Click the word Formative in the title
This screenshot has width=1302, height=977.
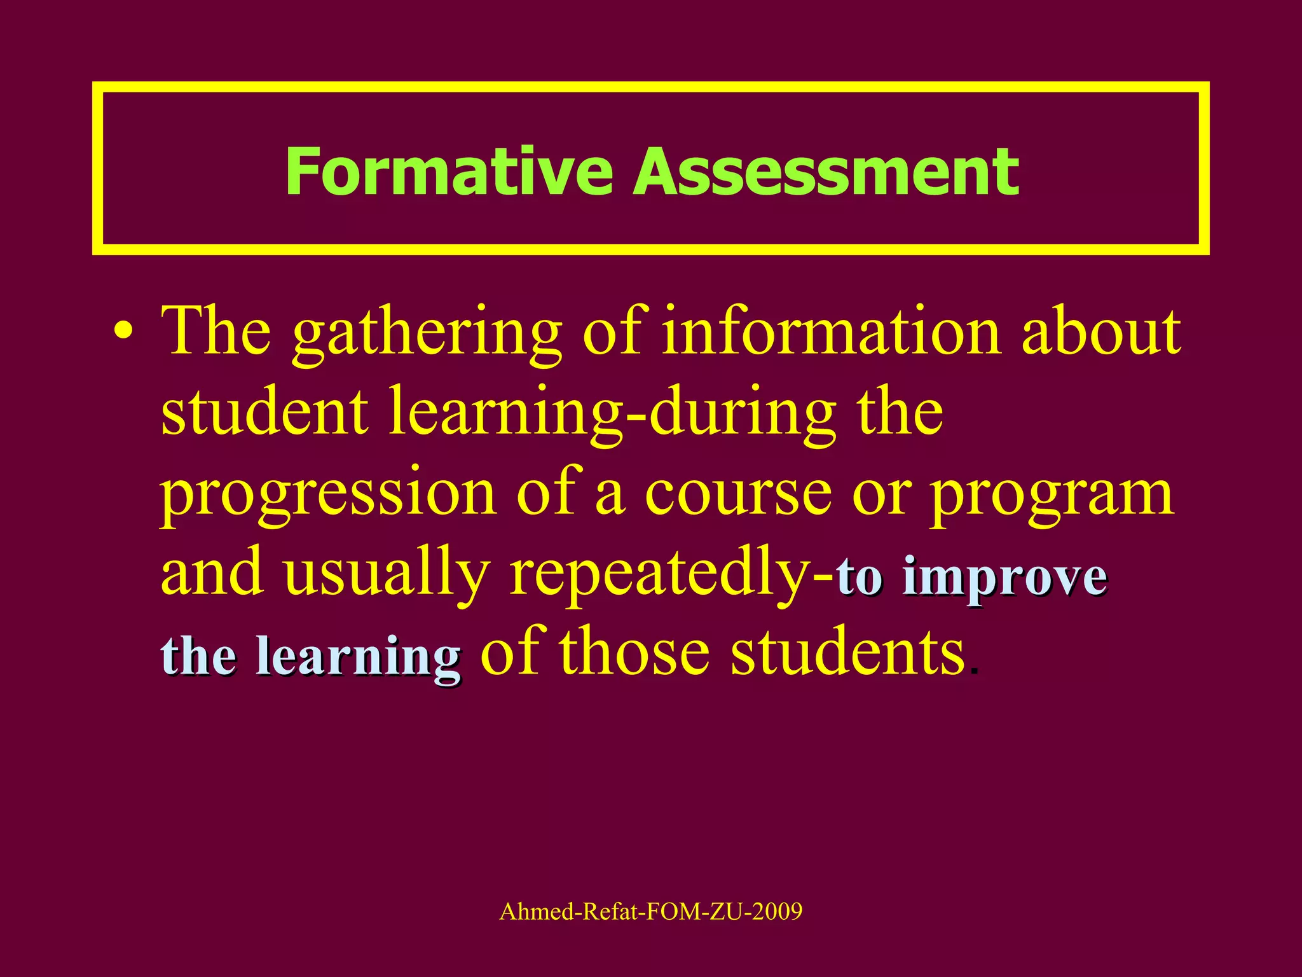click(x=449, y=172)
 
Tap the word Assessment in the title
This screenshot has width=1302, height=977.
click(x=826, y=172)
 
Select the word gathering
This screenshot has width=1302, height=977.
click(x=427, y=335)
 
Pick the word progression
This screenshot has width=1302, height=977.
click(x=328, y=496)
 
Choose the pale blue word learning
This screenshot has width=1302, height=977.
click(x=359, y=658)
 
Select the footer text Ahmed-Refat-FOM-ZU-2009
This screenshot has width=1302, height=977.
click(x=651, y=911)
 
